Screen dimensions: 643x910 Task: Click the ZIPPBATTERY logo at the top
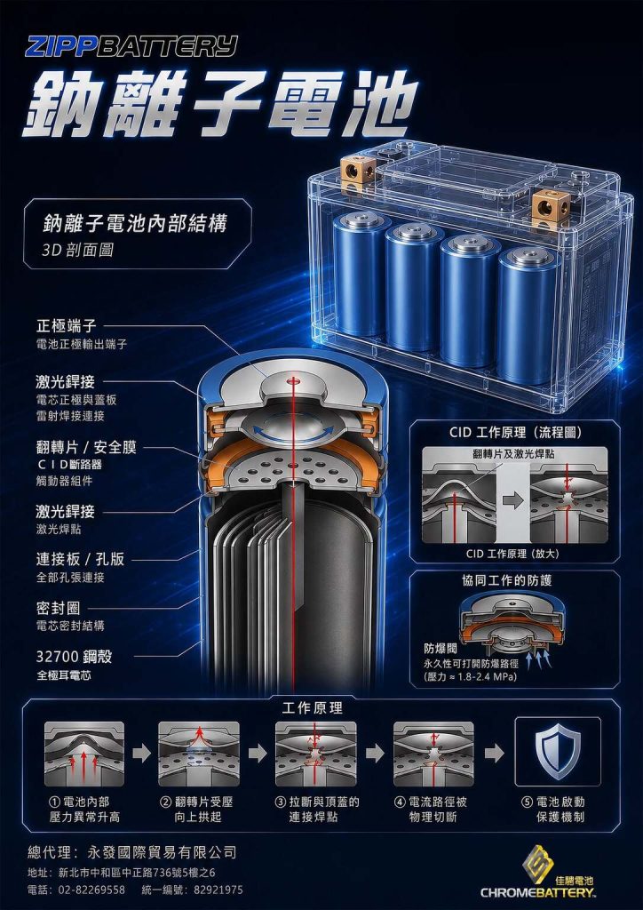coord(131,46)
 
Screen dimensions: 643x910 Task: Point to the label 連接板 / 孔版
coord(81,560)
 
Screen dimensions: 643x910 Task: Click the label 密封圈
coord(59,608)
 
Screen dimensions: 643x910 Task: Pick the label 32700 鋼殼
coord(75,657)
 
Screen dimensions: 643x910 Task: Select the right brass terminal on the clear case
coord(549,205)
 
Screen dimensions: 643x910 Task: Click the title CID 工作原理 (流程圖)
coord(515,433)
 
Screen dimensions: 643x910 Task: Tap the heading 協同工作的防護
coord(515,581)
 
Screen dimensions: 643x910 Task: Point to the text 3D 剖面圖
coord(77,250)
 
